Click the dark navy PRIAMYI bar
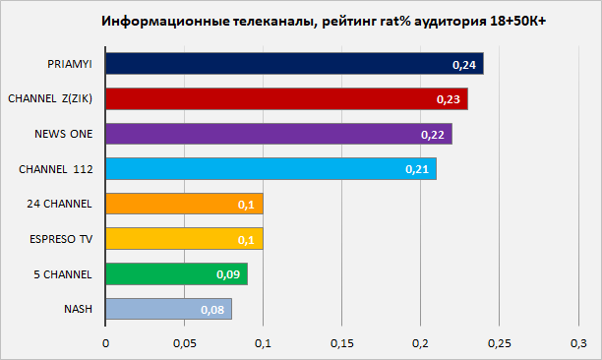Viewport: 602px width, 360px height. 294,64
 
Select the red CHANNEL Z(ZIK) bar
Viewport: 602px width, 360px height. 287,99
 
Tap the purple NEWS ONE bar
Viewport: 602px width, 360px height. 278,134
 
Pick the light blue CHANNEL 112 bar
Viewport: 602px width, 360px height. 271,169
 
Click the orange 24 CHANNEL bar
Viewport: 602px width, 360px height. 184,204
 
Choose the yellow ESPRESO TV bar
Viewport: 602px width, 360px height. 184,239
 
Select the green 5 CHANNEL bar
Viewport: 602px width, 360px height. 177,274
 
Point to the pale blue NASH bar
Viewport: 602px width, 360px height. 169,309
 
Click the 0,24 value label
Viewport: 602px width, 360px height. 464,65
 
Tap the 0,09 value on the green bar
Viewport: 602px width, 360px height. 228,274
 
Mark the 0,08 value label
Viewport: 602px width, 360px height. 212,310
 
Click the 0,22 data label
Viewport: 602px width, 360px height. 433,135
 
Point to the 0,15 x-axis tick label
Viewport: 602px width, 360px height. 341,343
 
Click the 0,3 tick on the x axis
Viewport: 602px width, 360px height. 578,343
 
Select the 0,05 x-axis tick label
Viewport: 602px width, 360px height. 184,343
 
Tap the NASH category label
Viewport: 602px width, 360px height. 78,309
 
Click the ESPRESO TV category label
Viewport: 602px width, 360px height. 61,239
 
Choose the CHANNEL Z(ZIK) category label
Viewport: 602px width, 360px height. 50,99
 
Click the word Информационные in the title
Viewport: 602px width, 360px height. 165,21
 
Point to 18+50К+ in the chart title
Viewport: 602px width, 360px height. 518,21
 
